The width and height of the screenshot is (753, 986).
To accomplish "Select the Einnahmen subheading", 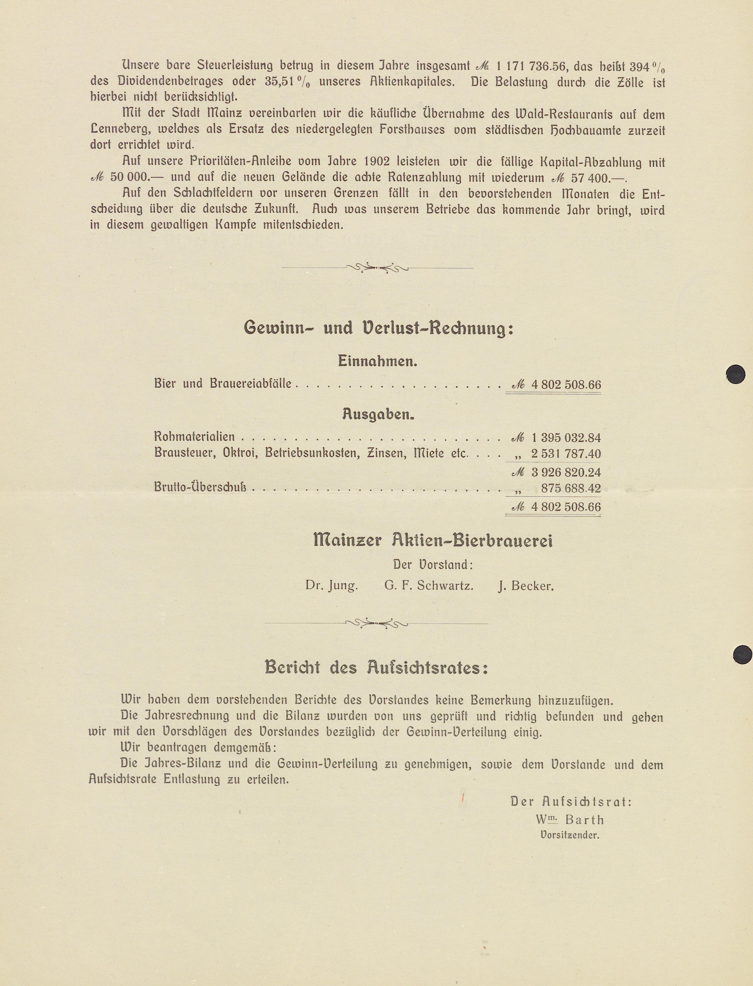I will [x=377, y=361].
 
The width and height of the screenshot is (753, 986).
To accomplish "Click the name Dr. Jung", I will [x=331, y=586].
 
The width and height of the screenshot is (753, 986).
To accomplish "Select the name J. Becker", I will [x=526, y=586].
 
